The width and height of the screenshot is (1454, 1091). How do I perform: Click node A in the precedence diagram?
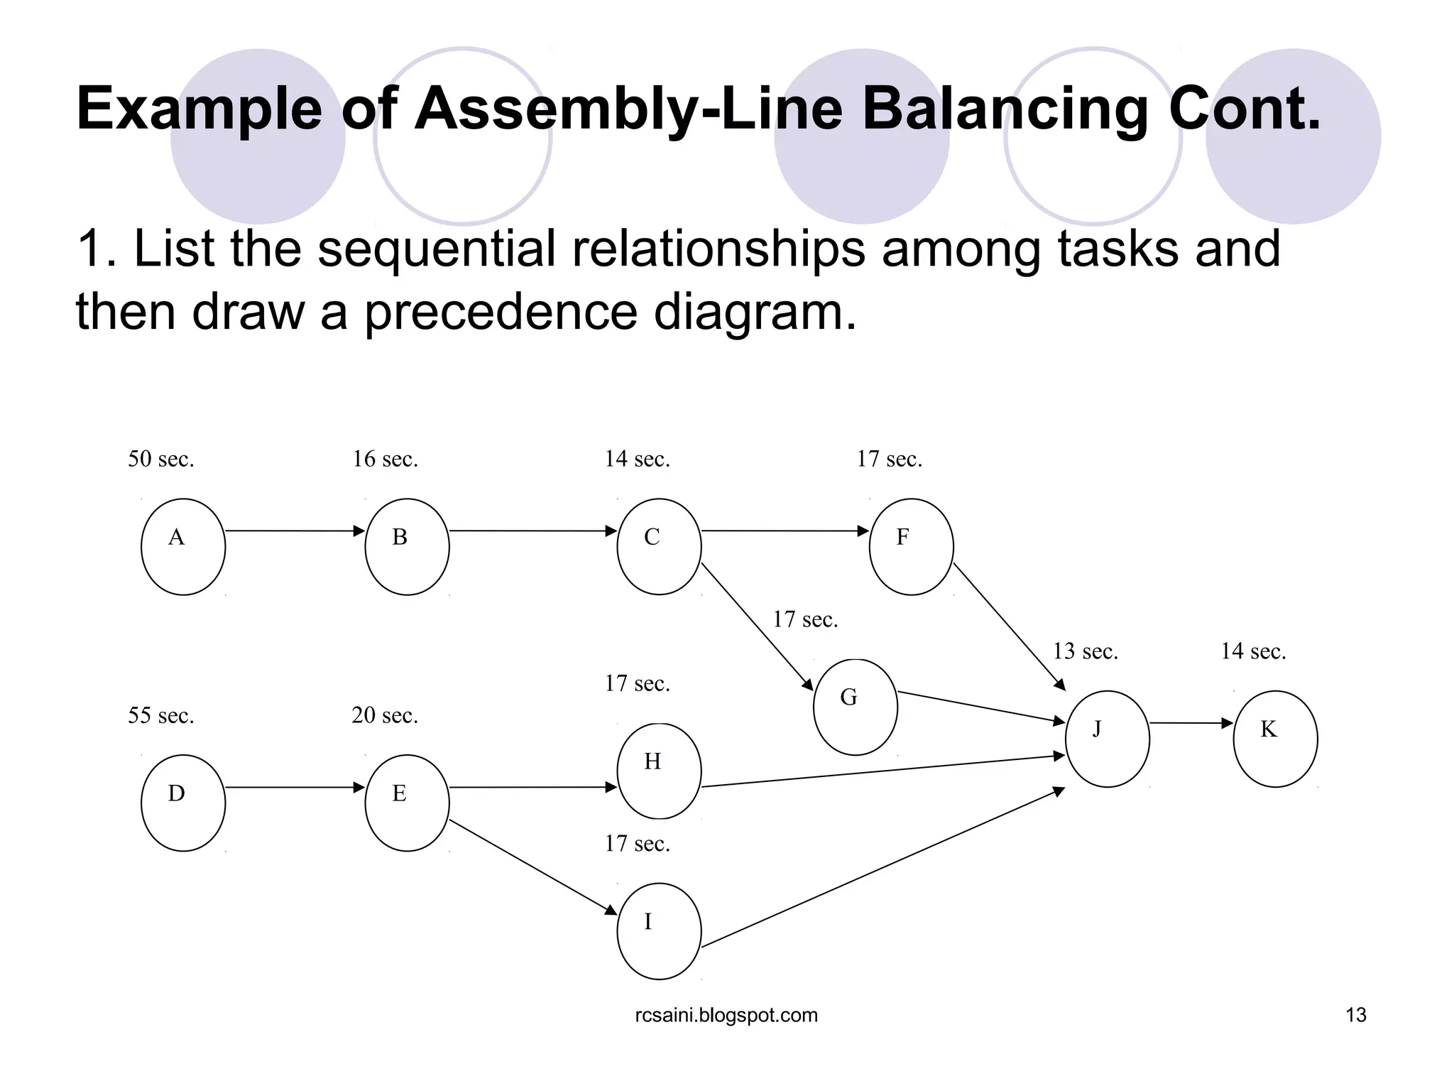(x=183, y=546)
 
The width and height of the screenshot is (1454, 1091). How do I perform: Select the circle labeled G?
(x=855, y=707)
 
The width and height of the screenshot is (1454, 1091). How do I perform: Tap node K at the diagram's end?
(x=1275, y=739)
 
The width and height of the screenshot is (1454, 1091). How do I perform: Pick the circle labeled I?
(x=659, y=931)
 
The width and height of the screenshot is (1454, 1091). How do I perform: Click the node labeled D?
(x=183, y=803)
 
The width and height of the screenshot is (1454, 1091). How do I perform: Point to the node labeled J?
(x=1107, y=739)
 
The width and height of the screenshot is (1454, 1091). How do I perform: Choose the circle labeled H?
(x=659, y=771)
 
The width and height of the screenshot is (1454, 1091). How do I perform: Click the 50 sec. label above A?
(x=161, y=460)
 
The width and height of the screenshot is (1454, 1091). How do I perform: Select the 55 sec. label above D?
(x=161, y=716)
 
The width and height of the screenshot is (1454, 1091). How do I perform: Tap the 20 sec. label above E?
(x=385, y=716)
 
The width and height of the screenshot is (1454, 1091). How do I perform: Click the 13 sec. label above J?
(x=1085, y=651)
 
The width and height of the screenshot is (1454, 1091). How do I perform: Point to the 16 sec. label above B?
(x=386, y=460)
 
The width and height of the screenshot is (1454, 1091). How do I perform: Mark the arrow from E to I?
(x=532, y=867)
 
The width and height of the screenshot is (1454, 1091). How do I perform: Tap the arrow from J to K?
(x=1191, y=723)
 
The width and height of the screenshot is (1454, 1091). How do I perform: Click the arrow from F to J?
(x=1009, y=626)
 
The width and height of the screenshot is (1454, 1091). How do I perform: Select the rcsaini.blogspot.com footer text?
(x=726, y=1015)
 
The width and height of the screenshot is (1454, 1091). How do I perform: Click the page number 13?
(x=1355, y=1015)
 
